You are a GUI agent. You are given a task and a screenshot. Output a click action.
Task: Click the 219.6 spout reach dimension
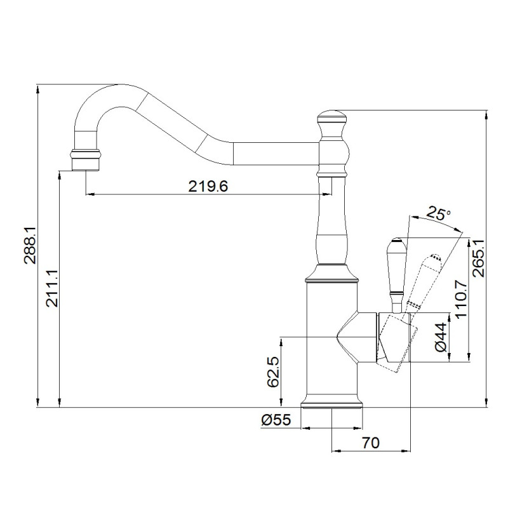pos(208,186)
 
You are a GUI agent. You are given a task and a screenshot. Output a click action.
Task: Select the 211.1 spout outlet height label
pos(52,288)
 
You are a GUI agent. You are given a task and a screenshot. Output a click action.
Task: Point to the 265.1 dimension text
pos(478,258)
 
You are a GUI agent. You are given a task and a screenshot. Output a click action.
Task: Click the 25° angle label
pos(438,214)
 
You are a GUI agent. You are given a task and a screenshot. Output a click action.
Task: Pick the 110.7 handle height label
pos(461,299)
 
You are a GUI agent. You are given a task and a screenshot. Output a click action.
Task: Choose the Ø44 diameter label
pos(441,338)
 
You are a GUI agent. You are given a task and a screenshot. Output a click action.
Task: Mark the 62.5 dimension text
pos(273,372)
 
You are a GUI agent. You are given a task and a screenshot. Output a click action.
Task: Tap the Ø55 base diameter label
pos(276,420)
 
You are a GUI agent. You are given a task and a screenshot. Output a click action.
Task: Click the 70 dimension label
pos(371,443)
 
